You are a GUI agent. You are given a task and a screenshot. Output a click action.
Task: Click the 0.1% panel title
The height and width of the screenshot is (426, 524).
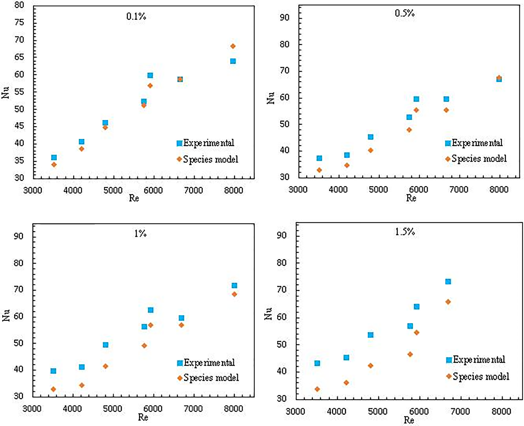click(x=136, y=17)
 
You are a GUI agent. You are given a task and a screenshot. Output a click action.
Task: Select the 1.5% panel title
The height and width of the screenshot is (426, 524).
click(x=405, y=232)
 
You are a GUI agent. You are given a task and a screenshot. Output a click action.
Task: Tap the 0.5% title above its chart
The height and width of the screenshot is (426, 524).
click(x=404, y=13)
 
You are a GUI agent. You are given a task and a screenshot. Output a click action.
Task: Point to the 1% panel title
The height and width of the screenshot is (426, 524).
click(x=140, y=234)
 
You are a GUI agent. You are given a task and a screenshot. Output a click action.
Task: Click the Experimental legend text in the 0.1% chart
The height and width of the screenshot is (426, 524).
click(x=208, y=143)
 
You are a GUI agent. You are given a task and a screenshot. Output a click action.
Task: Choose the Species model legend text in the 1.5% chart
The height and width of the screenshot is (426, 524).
click(x=481, y=376)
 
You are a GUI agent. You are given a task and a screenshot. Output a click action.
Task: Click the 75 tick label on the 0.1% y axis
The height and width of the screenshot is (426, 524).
click(x=19, y=22)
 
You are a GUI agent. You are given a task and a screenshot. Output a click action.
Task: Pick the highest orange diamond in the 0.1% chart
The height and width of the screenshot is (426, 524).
click(x=233, y=46)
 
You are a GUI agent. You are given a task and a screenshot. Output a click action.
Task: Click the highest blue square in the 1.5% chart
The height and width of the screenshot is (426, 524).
click(x=448, y=281)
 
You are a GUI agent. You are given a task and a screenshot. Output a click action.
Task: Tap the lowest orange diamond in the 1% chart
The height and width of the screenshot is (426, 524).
click(x=54, y=389)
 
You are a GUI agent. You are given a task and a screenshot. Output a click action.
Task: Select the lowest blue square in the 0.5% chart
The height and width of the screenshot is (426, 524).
click(x=319, y=158)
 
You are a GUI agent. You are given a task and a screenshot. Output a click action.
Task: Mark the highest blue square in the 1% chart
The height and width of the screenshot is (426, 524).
click(x=234, y=285)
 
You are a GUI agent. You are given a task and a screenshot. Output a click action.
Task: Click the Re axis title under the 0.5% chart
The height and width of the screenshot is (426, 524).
click(x=411, y=198)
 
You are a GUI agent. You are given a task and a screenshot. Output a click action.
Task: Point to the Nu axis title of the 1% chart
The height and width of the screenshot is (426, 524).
click(x=6, y=315)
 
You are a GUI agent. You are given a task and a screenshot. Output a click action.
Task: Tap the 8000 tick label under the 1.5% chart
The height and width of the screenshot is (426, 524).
click(x=501, y=411)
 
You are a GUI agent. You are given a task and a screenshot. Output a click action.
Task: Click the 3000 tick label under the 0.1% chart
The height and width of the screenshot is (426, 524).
click(x=33, y=190)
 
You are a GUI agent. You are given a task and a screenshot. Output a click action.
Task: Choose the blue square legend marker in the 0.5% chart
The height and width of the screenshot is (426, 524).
click(x=448, y=143)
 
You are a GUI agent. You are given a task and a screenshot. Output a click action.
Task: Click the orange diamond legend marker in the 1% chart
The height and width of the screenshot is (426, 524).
click(x=180, y=378)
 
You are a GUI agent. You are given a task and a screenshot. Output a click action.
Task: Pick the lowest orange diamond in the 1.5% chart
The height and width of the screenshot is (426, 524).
click(x=317, y=389)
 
